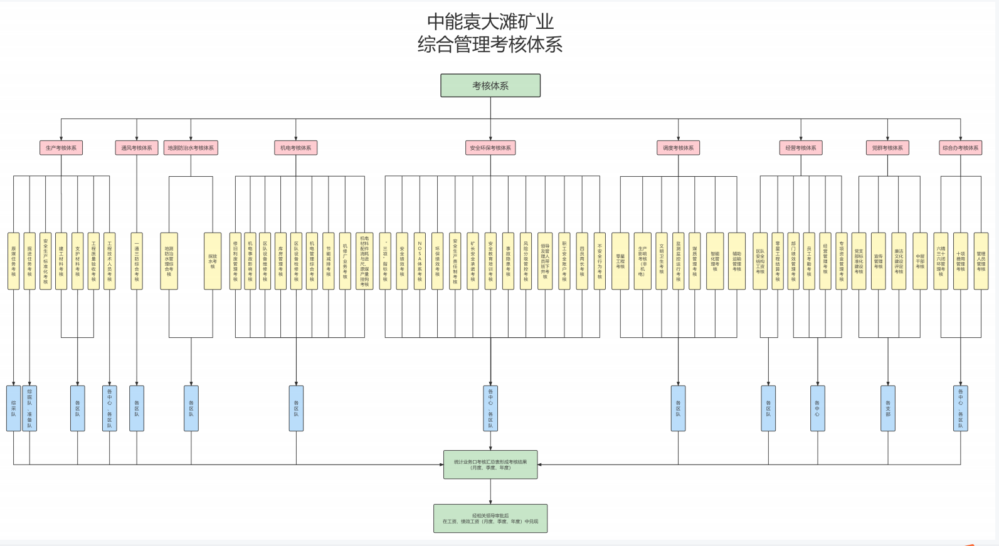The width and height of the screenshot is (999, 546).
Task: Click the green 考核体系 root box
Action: (490, 86)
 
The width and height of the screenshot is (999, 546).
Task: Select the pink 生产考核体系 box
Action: (61, 148)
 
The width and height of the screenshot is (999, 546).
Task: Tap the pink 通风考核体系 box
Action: (137, 148)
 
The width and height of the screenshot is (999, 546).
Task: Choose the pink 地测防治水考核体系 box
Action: (191, 148)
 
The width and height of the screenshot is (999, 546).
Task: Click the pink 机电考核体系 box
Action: (296, 148)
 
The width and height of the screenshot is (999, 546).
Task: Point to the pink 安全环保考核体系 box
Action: (490, 148)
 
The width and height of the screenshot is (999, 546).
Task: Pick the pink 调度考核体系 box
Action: (678, 148)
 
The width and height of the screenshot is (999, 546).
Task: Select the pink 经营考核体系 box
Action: (801, 148)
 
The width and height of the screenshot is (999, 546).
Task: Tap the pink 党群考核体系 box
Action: (887, 148)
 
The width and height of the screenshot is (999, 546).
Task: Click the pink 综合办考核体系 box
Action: (960, 148)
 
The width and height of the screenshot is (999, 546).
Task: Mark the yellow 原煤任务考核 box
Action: (13, 261)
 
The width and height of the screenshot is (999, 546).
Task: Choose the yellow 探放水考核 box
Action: (213, 261)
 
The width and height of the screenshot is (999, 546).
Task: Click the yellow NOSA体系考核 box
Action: (420, 261)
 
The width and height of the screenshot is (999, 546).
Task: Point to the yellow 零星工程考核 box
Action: (620, 261)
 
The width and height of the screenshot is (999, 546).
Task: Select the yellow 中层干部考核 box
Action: (920, 261)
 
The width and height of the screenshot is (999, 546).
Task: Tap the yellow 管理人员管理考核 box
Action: (981, 261)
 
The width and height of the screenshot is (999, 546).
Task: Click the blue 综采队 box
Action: (13, 408)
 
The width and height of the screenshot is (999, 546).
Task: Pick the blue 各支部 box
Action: (887, 408)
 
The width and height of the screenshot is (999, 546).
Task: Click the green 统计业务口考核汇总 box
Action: (490, 465)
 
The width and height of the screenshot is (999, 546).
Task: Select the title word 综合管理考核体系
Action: (490, 45)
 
